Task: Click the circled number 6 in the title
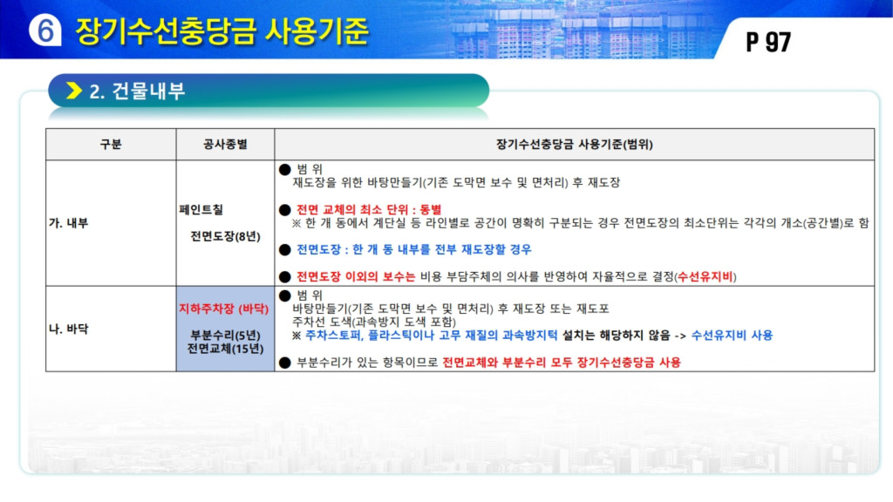(45, 30)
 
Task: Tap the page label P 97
(768, 42)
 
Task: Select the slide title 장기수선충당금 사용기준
(222, 31)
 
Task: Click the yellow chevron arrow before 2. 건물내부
(74, 91)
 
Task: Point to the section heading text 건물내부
(148, 91)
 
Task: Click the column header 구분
(111, 145)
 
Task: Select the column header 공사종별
(225, 145)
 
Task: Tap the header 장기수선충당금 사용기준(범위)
(574, 145)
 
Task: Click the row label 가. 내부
(68, 223)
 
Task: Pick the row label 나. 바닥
(68, 329)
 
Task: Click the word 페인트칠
(201, 209)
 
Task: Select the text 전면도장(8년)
(225, 236)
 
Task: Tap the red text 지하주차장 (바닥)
(224, 309)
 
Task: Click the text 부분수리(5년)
(225, 336)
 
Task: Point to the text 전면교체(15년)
(225, 349)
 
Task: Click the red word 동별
(431, 209)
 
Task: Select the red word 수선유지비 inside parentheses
(705, 276)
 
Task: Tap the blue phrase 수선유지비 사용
(732, 336)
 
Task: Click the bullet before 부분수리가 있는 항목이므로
(285, 363)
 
